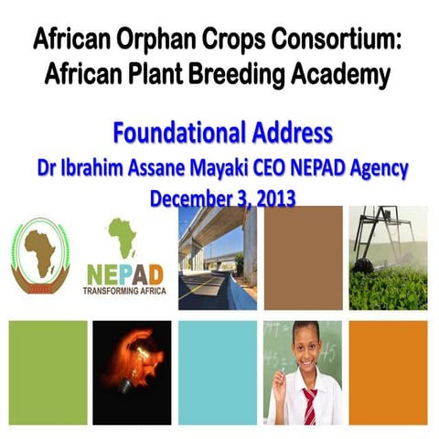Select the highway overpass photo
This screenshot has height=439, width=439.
tap(218, 258)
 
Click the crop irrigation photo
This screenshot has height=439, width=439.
tap(387, 258)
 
